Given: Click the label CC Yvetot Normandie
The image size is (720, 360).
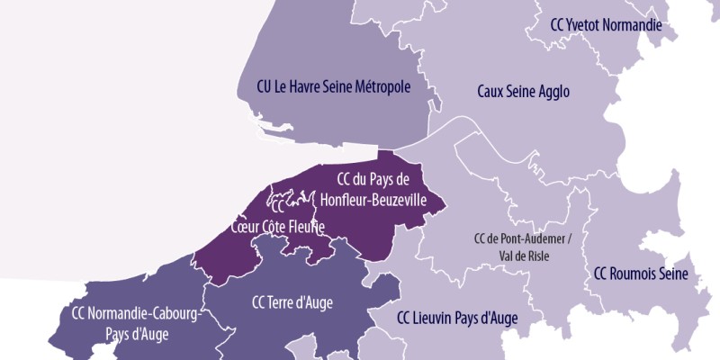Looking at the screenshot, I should (606, 24).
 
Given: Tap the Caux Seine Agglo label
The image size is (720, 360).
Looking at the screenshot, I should (523, 92).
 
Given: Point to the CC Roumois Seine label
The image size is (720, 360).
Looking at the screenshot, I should (641, 274).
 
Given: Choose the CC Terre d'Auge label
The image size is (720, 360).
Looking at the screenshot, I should (292, 302).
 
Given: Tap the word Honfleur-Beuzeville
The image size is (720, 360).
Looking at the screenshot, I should (372, 200).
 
